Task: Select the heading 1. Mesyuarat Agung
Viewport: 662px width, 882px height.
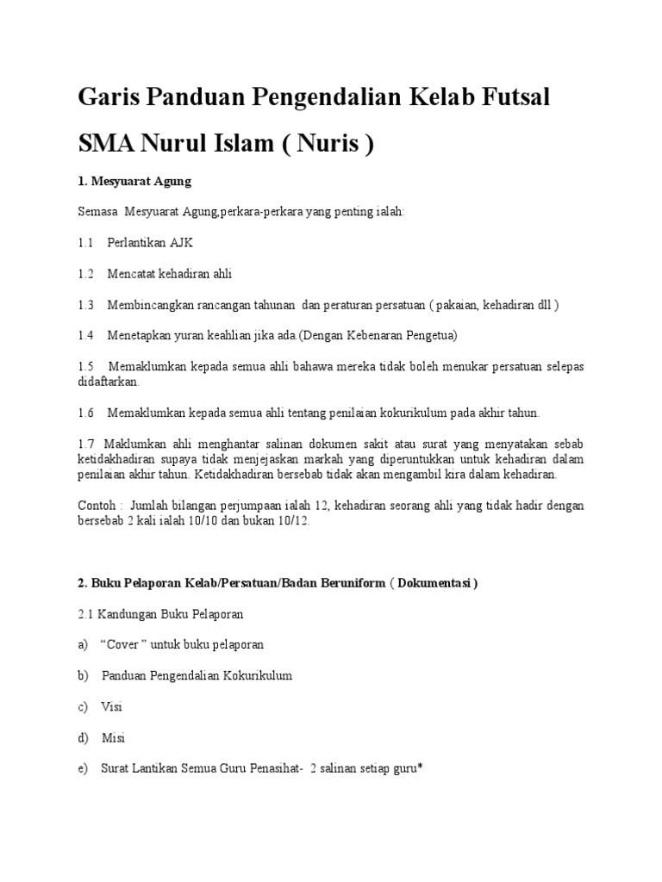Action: pos(134,182)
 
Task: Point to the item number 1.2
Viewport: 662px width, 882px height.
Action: pos(85,274)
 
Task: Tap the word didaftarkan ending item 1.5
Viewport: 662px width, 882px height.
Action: pos(108,382)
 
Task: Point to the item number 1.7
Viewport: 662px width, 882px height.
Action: pos(85,444)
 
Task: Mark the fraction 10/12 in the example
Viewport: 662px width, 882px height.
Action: pos(291,520)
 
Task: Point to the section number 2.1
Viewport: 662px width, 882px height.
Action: pos(85,614)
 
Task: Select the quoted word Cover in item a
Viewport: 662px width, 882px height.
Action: pos(126,644)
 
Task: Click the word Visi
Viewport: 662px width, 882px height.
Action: pos(112,706)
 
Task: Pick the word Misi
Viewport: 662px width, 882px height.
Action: pos(114,737)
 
